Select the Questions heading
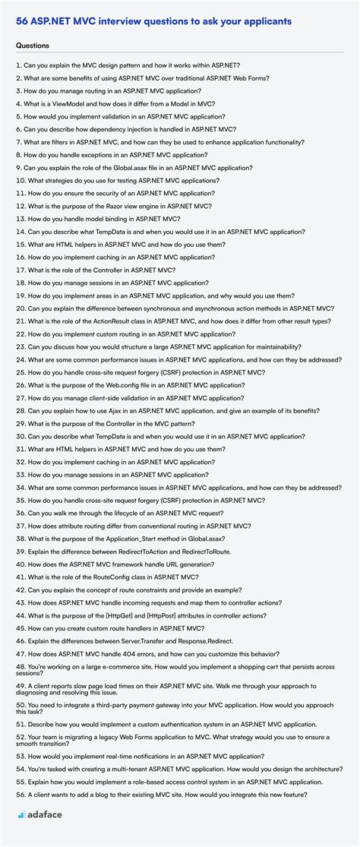(33, 46)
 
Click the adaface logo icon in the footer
(22, 814)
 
